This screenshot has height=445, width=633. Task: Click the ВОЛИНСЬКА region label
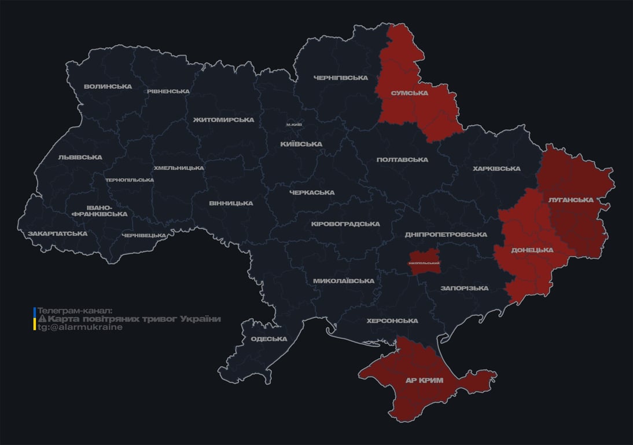(x=108, y=87)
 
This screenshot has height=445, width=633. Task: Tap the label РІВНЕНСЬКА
(x=168, y=92)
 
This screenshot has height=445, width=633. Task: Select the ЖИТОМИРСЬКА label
(x=223, y=120)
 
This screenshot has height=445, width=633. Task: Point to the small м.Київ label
(x=294, y=125)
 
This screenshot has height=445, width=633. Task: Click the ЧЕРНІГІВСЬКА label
(x=341, y=78)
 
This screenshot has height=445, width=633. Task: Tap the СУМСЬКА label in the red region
(x=409, y=93)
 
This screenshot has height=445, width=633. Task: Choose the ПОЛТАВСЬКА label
(x=402, y=160)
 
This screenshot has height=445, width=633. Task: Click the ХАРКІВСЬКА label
(x=496, y=169)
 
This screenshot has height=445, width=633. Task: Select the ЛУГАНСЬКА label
(x=571, y=200)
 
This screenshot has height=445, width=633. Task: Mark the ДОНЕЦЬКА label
(x=532, y=250)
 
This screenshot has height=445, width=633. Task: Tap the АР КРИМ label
(x=424, y=380)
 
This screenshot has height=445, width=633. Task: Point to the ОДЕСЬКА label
(x=269, y=339)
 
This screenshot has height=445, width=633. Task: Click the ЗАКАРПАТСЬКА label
(x=57, y=234)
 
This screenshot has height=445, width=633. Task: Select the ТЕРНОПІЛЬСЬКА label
(x=130, y=180)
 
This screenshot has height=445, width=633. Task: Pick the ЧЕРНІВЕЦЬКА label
(x=144, y=235)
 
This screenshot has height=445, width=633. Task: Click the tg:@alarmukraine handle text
(x=80, y=327)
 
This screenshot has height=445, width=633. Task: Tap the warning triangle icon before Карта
(x=42, y=319)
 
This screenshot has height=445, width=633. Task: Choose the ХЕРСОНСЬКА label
(x=392, y=321)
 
